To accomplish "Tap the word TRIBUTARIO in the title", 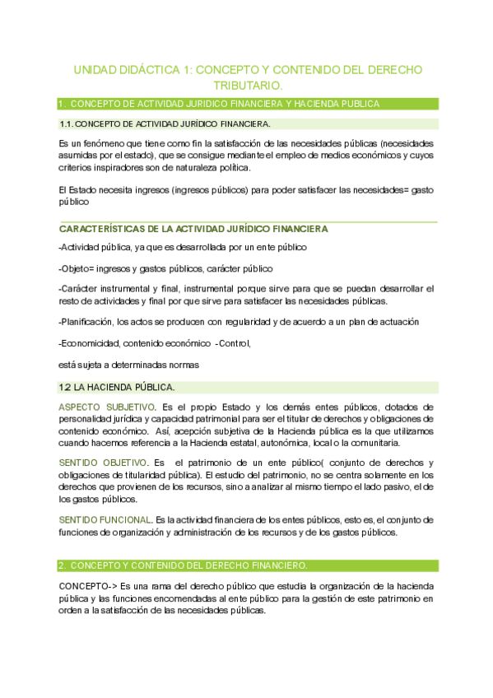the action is tap(247, 86).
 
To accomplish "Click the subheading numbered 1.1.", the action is tap(165, 124).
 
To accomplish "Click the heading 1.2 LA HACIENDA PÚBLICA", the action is tap(117, 387).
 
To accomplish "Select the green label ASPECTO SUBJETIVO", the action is tap(106, 407).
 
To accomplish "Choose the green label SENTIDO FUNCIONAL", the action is tap(105, 520).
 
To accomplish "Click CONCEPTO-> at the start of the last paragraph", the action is tap(85, 586).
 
